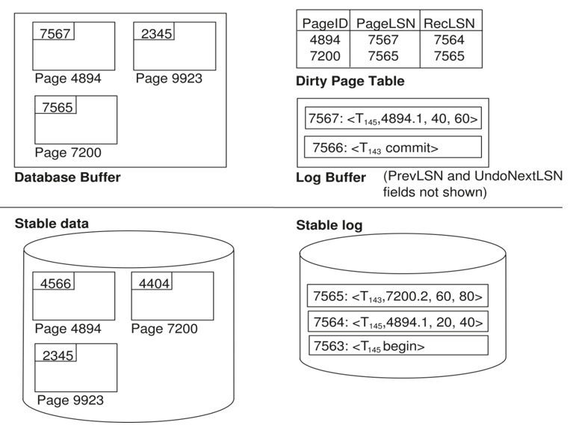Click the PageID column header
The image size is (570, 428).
click(325, 23)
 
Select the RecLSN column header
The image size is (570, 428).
click(449, 23)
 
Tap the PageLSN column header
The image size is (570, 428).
click(385, 23)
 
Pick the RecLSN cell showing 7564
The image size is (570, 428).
click(449, 40)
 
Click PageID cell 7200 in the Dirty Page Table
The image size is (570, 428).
click(325, 55)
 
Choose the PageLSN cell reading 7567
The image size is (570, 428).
click(383, 40)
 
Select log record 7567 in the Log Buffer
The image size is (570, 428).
click(393, 118)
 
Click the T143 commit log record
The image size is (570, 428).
click(393, 147)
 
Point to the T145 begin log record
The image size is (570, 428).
click(398, 345)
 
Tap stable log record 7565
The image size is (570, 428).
click(397, 296)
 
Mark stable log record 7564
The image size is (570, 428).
click(398, 322)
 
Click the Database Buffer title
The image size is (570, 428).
click(68, 177)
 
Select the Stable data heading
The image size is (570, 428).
click(52, 223)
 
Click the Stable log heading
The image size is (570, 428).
click(329, 225)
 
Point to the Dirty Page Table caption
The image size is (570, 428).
click(350, 81)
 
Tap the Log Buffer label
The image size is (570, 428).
click(331, 177)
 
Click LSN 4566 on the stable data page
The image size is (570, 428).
click(55, 284)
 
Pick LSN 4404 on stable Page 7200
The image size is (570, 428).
click(154, 284)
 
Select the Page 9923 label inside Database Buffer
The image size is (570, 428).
click(169, 79)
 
